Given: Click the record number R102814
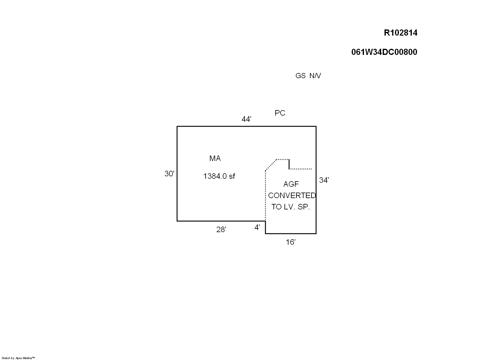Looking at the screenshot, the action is (x=400, y=33).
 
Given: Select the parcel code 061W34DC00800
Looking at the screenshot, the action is (x=384, y=52).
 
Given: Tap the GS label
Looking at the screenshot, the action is (x=300, y=76).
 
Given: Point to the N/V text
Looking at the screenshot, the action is (x=315, y=76).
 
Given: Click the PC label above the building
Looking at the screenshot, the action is (x=280, y=113).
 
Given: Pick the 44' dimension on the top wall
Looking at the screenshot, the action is (x=246, y=119).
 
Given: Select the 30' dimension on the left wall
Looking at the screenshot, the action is (x=169, y=174).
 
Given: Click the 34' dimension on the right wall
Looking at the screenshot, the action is (x=324, y=180).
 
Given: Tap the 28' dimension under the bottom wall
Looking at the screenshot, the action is (x=221, y=229).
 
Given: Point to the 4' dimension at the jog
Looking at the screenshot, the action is (x=257, y=228).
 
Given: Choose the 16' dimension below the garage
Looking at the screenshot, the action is (x=290, y=242).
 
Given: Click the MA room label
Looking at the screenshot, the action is (x=215, y=159).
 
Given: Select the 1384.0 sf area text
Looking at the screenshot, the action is (x=219, y=176).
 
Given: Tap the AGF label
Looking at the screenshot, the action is (x=291, y=184).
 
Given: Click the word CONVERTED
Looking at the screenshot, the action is (x=292, y=196).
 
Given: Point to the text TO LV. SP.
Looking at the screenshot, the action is (x=290, y=207).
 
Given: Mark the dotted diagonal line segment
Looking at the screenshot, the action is (x=271, y=165).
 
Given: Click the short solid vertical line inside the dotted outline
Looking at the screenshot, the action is (x=289, y=164).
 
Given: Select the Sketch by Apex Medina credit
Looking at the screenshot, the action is (x=18, y=358).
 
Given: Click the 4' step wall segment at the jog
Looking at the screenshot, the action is (x=265, y=228).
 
